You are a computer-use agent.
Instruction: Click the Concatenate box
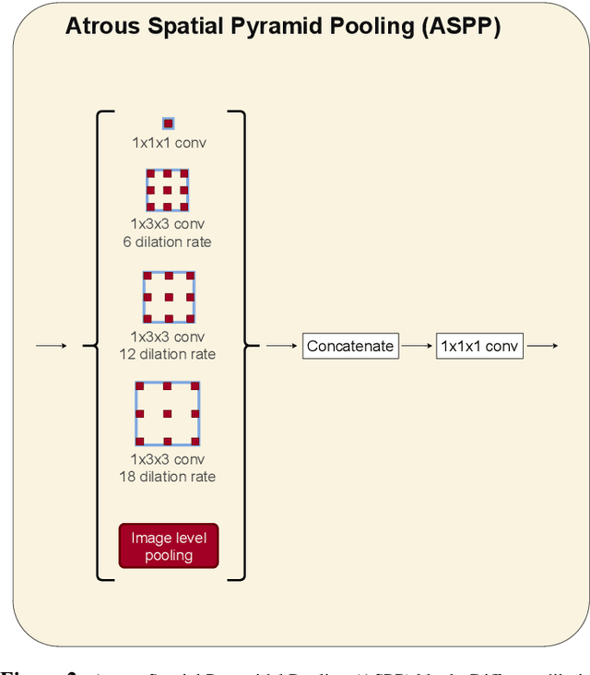[x=350, y=347]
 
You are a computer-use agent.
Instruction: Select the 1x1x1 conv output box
[x=479, y=347]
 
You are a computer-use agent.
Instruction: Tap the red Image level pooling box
[x=169, y=546]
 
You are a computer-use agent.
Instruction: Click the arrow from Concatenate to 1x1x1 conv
[x=418, y=347]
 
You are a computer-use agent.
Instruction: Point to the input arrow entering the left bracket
[x=51, y=346]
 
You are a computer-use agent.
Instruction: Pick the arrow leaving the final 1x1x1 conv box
[x=542, y=347]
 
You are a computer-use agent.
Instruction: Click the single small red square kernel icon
[x=168, y=124]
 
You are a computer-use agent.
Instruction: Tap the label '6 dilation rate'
[x=167, y=242]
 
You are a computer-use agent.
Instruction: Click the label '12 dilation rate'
[x=167, y=354]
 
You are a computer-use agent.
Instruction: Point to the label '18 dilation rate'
[x=167, y=477]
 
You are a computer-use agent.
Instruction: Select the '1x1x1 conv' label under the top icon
[x=168, y=143]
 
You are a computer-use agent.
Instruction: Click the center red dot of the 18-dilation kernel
[x=168, y=414]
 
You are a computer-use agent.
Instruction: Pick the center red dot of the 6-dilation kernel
[x=168, y=190]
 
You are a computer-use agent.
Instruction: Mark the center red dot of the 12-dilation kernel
[x=169, y=298]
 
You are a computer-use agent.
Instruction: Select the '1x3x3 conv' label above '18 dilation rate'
[x=167, y=459]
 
